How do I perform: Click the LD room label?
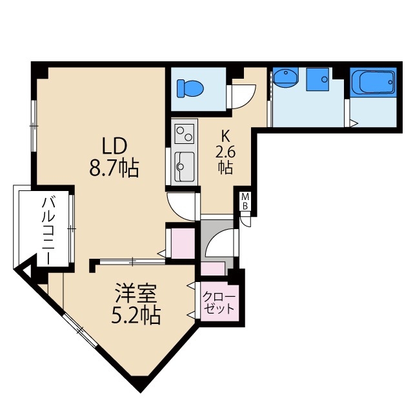click(114, 145)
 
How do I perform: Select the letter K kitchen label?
click(225, 136)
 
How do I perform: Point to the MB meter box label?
click(245, 201)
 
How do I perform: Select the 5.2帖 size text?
click(134, 316)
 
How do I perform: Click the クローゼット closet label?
click(219, 303)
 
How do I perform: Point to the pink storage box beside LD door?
click(181, 241)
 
